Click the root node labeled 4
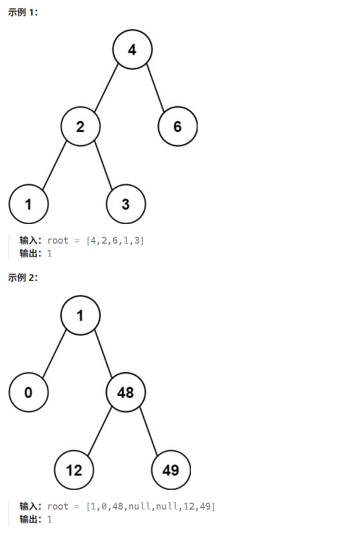pos(132,49)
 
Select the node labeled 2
pos(80,126)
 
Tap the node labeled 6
pos(177,126)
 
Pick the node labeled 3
pos(126,204)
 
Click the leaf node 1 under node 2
pos(29,204)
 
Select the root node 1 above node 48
pos(80,315)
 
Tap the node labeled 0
pos(29,392)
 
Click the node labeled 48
pos(126,392)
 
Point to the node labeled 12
pos(74,470)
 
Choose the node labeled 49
pos(171,470)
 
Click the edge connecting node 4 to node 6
pos(155,88)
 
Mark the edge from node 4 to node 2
pos(106,88)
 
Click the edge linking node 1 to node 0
pos(54,354)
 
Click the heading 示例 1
pos(23,12)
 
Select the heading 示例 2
pos(23,278)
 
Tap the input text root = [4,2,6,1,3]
pos(95,241)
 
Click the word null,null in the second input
pos(150,506)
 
